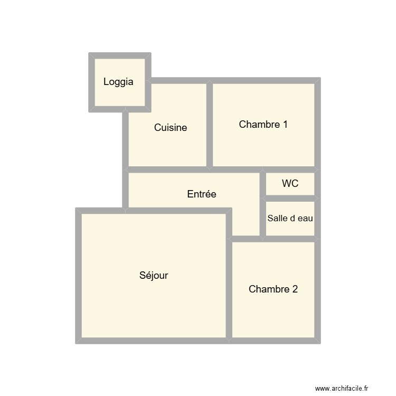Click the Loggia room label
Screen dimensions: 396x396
118,82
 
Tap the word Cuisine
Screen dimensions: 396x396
171,127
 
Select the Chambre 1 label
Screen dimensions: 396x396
263,125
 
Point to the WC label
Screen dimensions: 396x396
290,184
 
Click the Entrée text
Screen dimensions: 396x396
202,194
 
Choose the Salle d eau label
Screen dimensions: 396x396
290,218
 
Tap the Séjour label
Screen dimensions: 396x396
154,275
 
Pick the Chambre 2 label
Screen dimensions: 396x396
273,289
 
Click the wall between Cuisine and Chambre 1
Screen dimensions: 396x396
210,125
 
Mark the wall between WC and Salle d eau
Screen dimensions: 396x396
290,198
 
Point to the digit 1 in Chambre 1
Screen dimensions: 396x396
285,125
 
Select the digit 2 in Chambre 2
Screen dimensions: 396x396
295,289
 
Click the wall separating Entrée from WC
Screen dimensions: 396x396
262,184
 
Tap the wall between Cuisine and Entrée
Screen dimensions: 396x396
168,169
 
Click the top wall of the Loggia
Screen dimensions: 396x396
120,55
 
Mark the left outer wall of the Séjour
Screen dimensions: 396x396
78,275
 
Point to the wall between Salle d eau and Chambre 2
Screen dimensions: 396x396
290,239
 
